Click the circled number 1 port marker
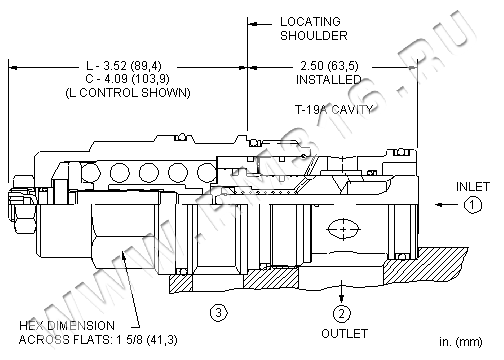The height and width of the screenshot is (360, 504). (x=473, y=205)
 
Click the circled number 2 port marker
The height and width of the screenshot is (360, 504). (x=342, y=313)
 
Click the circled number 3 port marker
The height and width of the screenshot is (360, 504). (x=219, y=313)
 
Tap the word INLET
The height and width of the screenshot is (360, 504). (x=473, y=187)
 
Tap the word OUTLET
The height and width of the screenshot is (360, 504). (x=344, y=333)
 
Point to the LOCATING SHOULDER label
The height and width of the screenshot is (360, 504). (x=313, y=29)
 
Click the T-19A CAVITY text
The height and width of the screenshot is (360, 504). (x=334, y=109)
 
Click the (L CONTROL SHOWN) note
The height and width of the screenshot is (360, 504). (x=128, y=93)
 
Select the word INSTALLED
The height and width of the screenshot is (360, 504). (x=329, y=80)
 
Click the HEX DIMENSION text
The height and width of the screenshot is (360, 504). (x=67, y=325)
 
